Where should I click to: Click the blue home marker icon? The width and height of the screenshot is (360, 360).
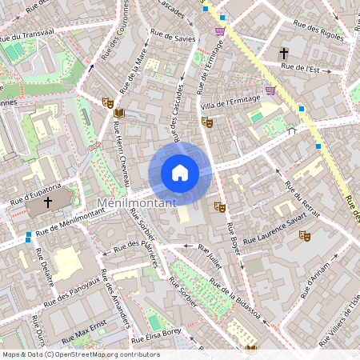coord(180,172)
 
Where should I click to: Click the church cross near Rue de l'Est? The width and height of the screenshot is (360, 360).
coord(283,53)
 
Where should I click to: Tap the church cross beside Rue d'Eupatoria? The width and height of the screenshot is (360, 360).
coord(47,203)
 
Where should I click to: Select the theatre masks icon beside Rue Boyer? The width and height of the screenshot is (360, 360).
coord(220,207)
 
